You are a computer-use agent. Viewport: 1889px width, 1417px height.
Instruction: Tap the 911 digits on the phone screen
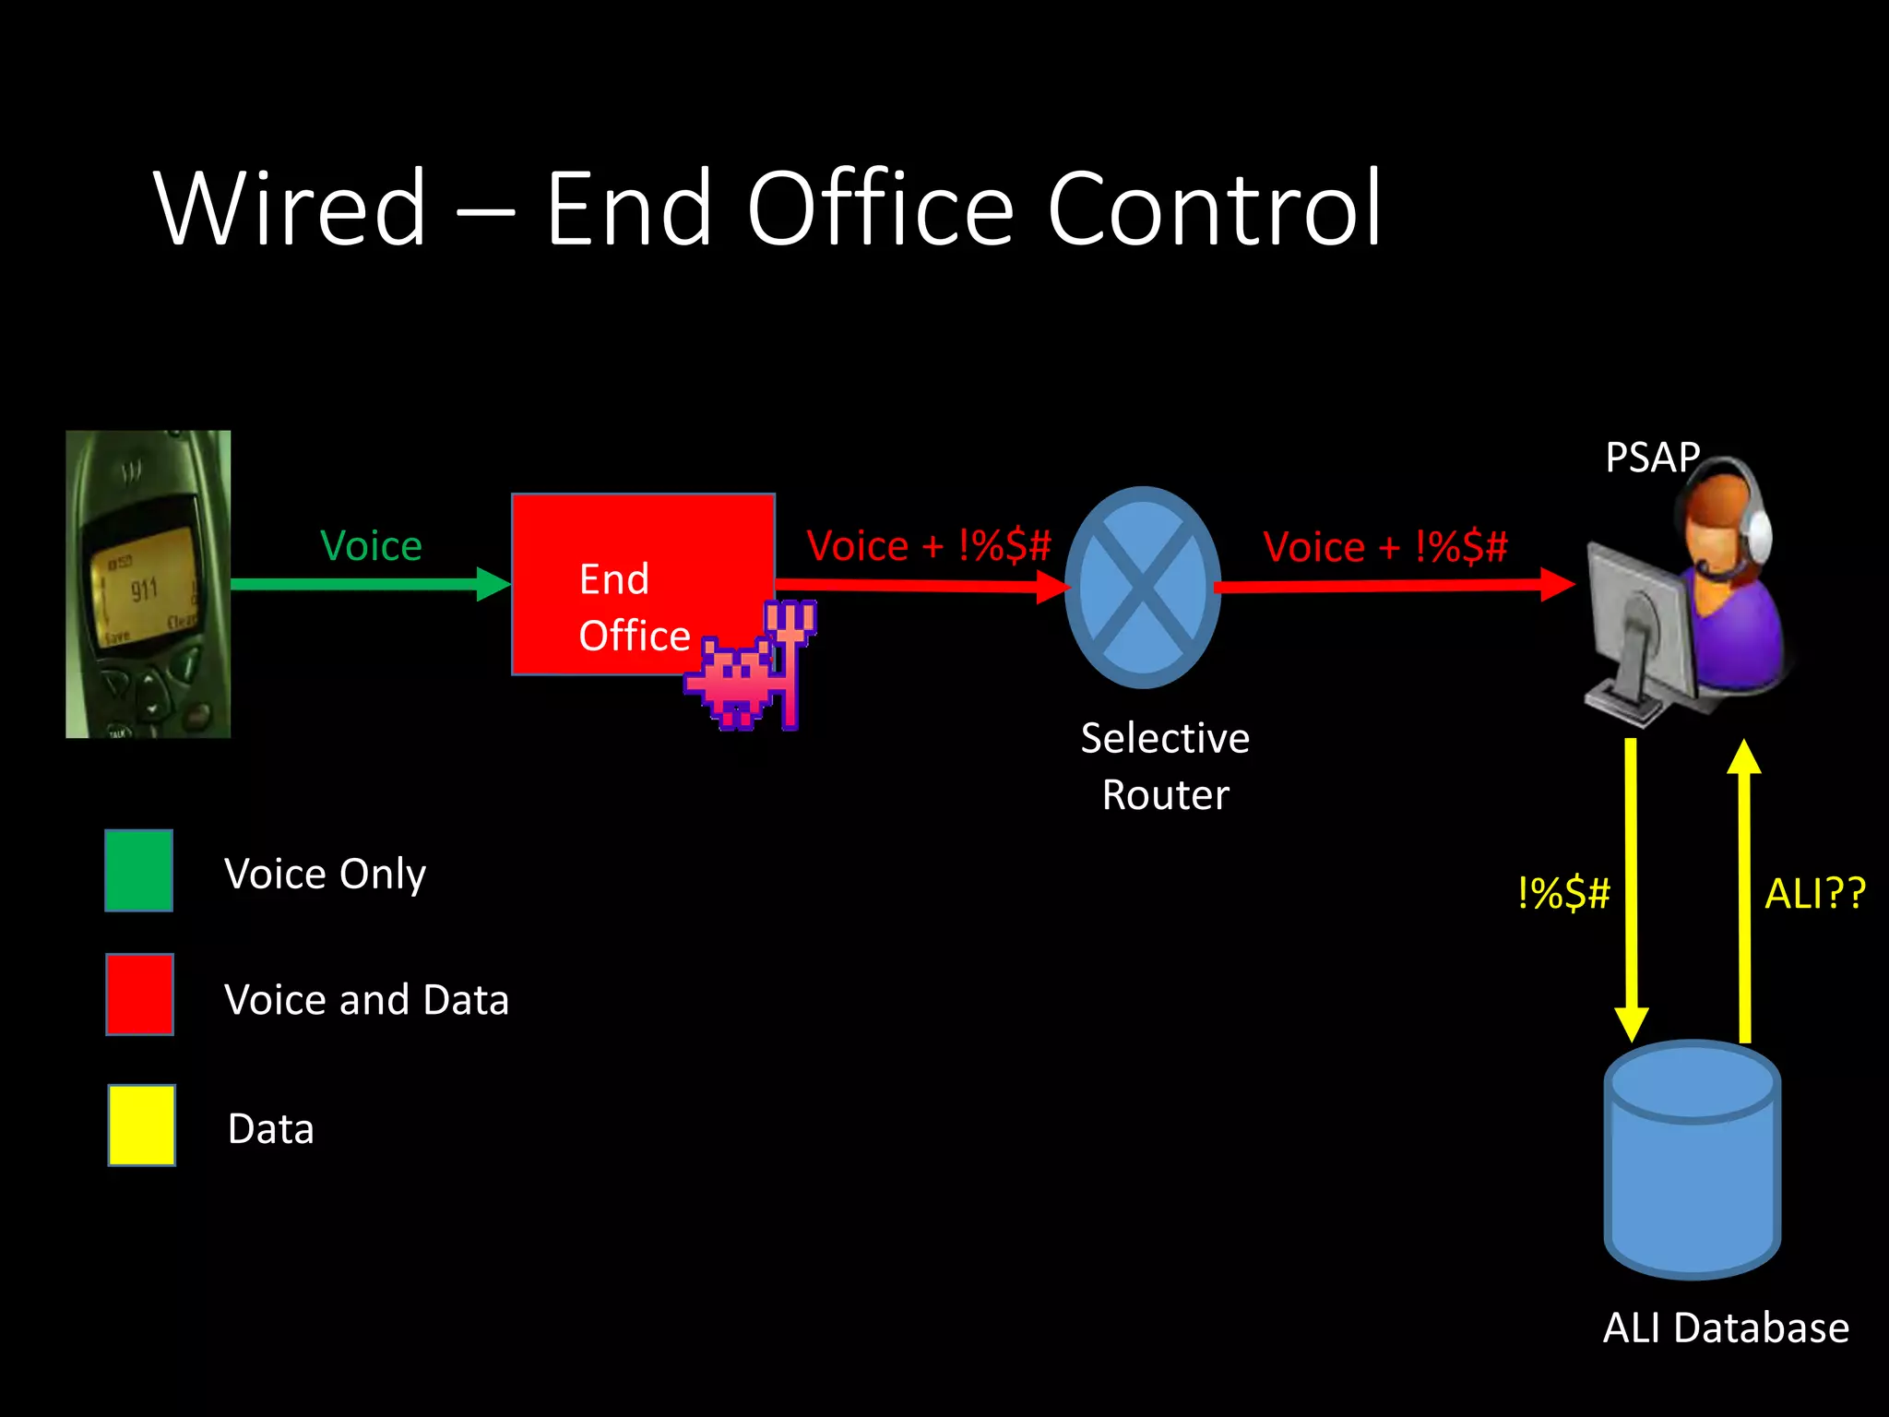click(144, 589)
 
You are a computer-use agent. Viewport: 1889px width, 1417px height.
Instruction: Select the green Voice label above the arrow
click(371, 546)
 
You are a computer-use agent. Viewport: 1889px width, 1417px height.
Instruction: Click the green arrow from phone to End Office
click(369, 584)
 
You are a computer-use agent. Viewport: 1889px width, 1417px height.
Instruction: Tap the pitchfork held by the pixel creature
click(791, 646)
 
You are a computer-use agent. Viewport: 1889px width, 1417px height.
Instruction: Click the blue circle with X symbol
click(1143, 587)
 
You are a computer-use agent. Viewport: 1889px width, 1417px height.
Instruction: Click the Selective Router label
click(1165, 766)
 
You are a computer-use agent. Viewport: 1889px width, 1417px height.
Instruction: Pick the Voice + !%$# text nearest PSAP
click(1385, 546)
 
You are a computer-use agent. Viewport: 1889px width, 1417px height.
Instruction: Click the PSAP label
click(1651, 458)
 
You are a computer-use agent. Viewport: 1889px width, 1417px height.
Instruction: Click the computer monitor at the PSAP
click(1638, 618)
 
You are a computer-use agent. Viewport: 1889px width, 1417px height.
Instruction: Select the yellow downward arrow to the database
click(1631, 886)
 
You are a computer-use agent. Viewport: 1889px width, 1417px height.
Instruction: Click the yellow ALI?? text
click(1814, 893)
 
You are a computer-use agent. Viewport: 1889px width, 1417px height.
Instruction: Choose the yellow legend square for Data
click(141, 1125)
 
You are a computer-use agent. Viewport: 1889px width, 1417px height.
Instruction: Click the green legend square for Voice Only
click(138, 870)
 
